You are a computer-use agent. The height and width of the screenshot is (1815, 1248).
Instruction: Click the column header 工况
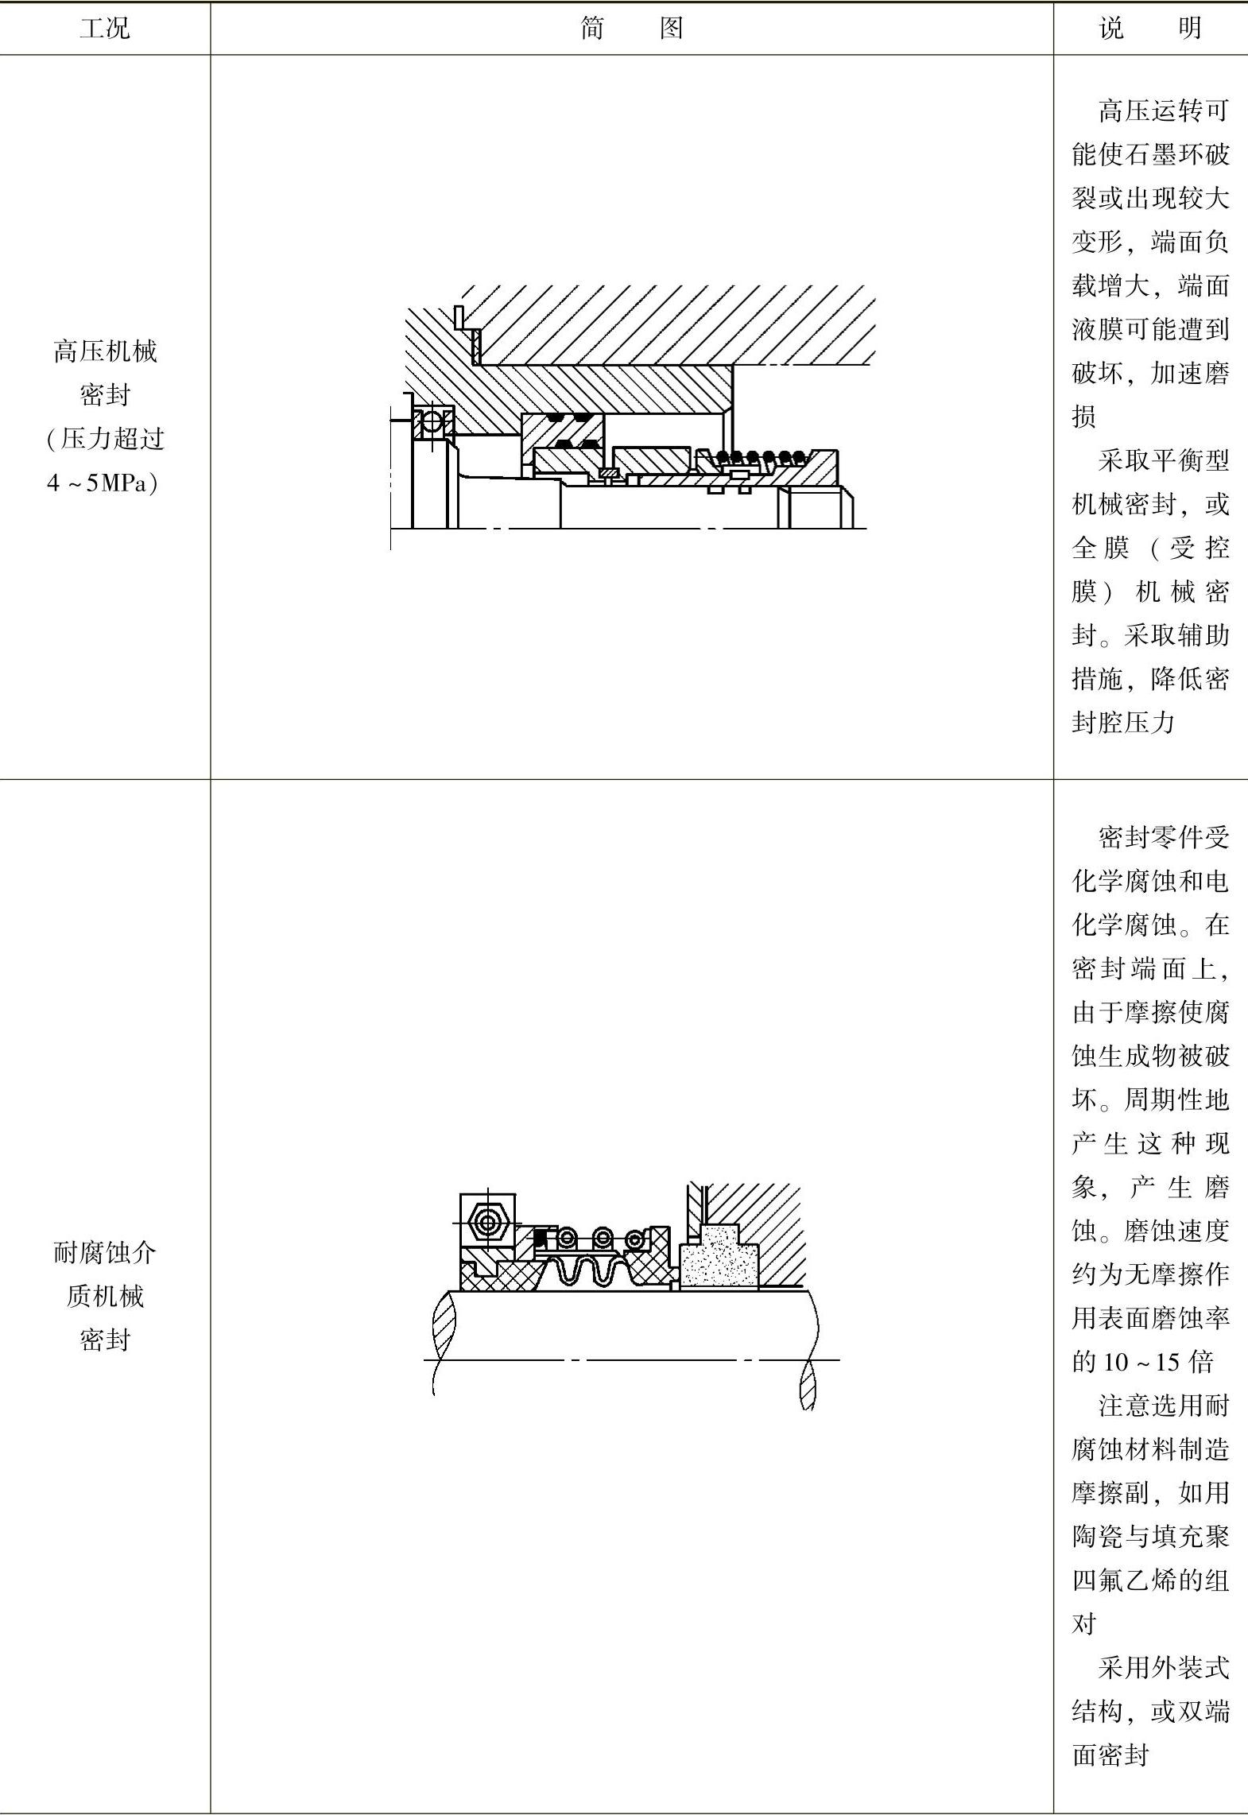pos(104,29)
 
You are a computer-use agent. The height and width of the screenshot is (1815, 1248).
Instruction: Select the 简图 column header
pos(631,29)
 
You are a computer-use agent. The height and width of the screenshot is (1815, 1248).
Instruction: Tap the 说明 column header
pos(1149,29)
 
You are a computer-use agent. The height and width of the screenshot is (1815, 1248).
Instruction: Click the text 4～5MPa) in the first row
pos(104,483)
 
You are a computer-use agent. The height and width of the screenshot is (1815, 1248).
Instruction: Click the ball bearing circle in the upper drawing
pos(431,421)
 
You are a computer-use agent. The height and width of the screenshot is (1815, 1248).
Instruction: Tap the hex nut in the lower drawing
pos(486,1220)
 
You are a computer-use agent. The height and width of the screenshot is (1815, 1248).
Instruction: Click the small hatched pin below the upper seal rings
pos(608,474)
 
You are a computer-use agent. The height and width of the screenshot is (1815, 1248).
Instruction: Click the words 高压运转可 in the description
pos(1163,111)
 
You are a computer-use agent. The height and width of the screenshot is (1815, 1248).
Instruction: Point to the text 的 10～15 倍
pos(1142,1362)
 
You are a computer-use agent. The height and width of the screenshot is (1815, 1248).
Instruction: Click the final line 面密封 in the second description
pos(1110,1755)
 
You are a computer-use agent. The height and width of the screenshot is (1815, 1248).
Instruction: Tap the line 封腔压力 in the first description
pos(1122,722)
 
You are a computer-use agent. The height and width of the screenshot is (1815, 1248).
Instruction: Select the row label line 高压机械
pos(104,351)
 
